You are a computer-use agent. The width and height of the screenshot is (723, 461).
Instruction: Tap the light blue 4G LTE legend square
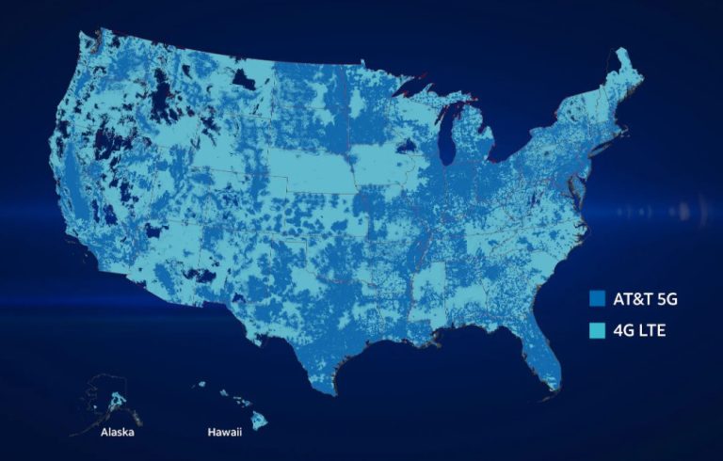coord(595,329)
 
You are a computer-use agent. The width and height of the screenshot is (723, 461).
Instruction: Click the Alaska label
coord(118,434)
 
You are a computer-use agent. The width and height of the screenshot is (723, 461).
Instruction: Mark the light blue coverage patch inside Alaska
coord(118,399)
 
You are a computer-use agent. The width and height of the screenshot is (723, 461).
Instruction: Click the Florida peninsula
coord(544,354)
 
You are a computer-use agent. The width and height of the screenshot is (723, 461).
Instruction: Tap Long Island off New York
coord(614,147)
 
